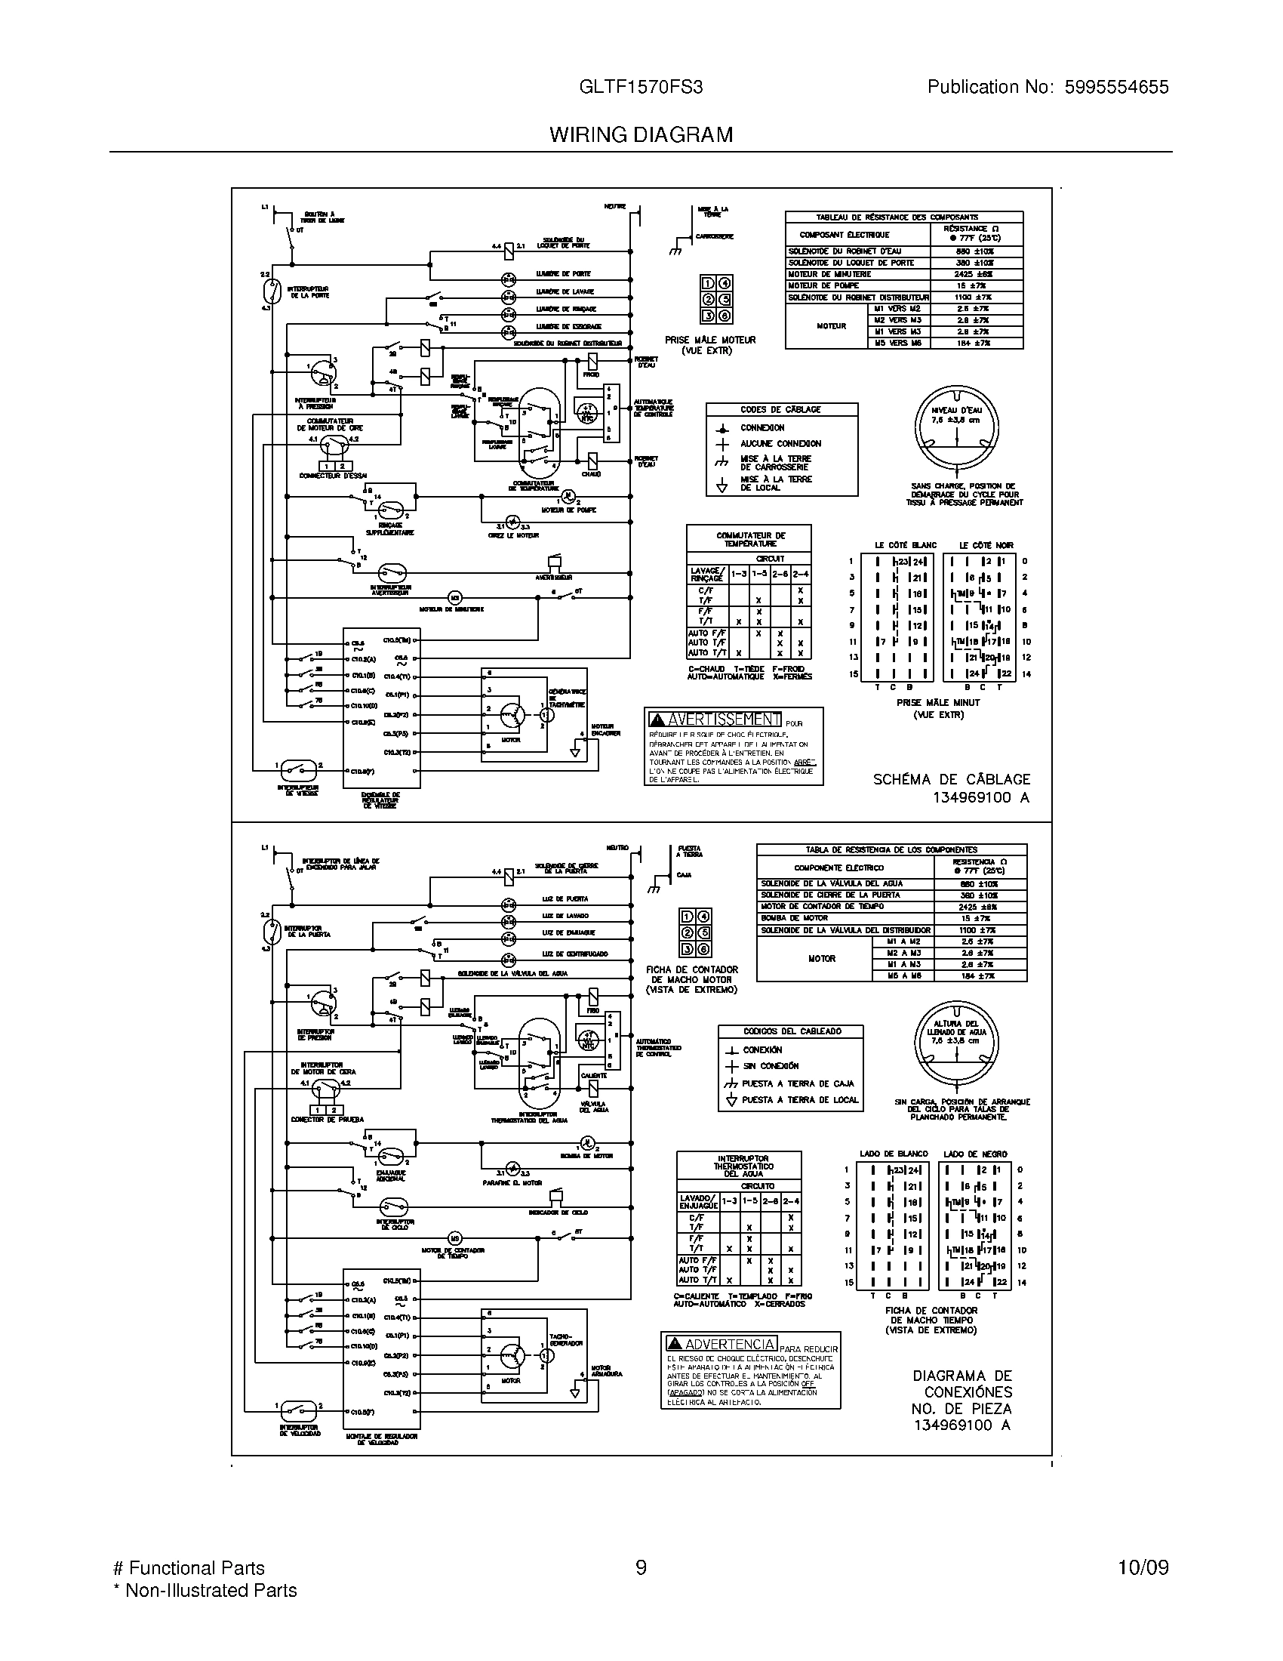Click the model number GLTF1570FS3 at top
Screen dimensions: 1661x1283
click(641, 88)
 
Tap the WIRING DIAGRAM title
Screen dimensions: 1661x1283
click(641, 135)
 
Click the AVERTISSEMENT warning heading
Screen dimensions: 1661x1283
click(724, 719)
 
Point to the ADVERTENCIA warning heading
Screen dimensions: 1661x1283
click(731, 1344)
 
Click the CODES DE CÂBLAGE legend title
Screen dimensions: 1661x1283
click(780, 410)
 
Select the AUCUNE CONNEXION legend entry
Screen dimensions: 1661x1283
click(780, 443)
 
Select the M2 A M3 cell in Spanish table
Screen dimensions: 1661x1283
click(902, 953)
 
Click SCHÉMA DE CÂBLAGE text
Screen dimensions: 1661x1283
click(951, 780)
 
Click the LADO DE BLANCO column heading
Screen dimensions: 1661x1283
click(891, 1154)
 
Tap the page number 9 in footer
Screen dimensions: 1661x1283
click(641, 1568)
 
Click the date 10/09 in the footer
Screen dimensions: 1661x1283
click(1143, 1568)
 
